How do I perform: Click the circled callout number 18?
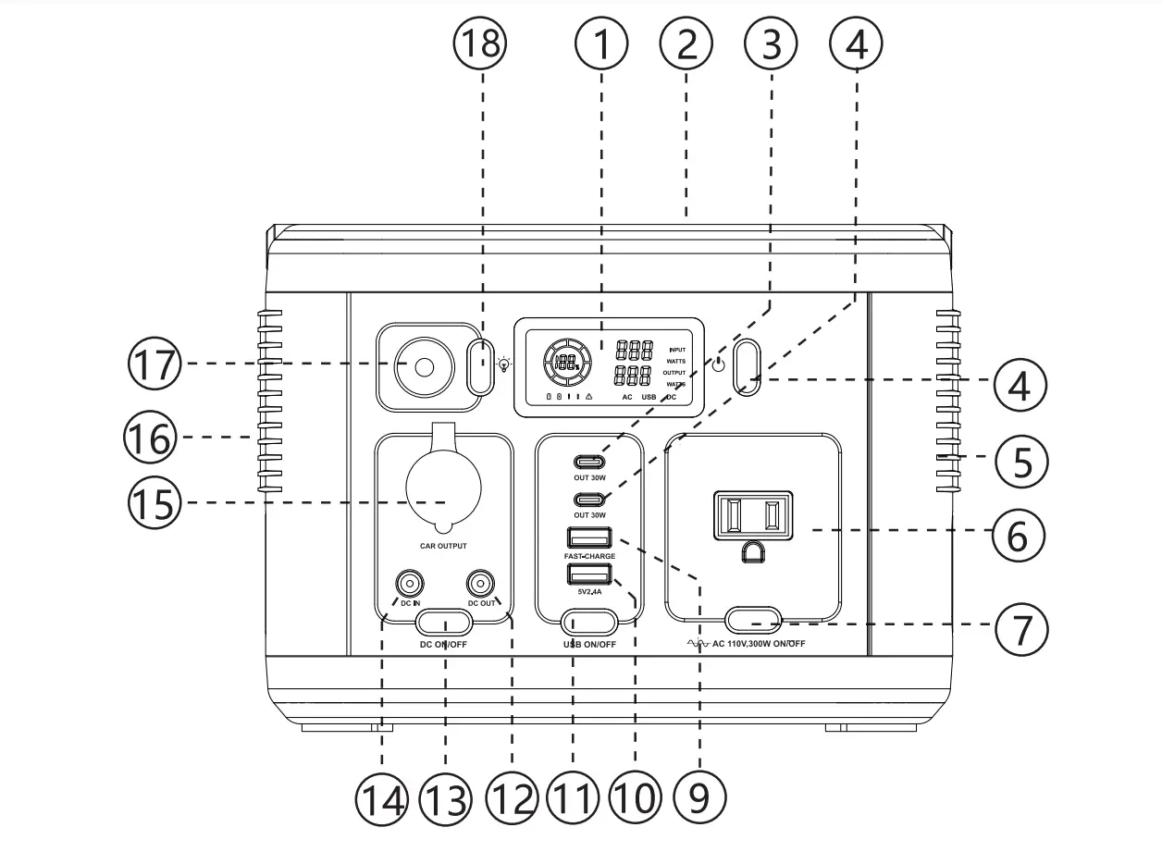tap(480, 43)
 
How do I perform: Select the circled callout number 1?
tap(601, 43)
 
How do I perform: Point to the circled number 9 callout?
tap(699, 796)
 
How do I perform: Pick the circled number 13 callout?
tap(446, 796)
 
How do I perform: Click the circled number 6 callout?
tap(1019, 534)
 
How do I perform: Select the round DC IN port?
tap(408, 585)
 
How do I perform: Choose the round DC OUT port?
tap(479, 585)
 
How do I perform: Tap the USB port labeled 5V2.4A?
tap(588, 574)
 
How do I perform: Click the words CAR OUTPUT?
tap(443, 547)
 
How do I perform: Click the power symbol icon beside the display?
tap(718, 361)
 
